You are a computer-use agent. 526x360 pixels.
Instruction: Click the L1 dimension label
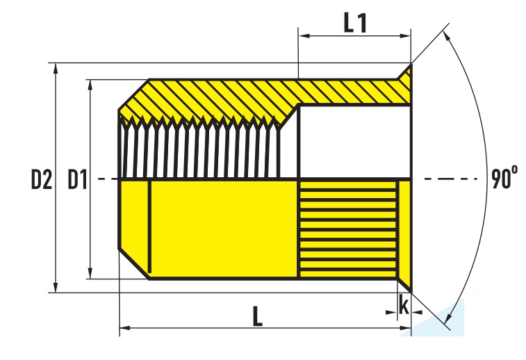click(355, 23)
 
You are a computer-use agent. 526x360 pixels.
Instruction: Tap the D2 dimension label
click(42, 179)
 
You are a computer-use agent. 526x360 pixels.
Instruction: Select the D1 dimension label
click(78, 179)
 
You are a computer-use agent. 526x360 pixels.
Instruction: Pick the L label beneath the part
click(257, 316)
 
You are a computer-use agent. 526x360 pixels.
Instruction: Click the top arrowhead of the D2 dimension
click(56, 68)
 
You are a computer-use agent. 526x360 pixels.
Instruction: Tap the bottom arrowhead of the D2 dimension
click(56, 288)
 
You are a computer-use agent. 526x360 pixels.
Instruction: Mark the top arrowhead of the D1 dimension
click(90, 85)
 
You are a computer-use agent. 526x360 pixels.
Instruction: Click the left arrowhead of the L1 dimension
click(304, 35)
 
